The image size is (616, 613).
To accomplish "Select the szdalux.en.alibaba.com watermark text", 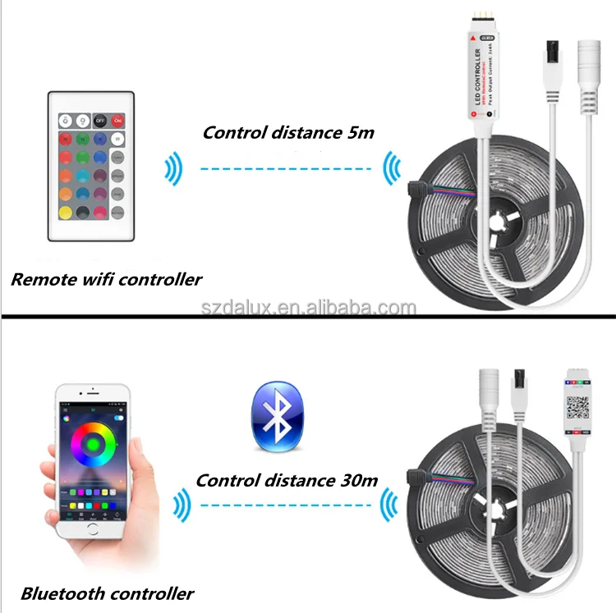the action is [x=309, y=308].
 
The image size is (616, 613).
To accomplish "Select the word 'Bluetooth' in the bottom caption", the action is [x=64, y=593].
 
